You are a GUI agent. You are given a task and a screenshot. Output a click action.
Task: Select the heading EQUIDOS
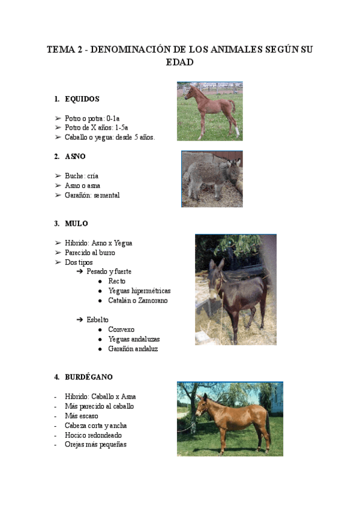(82, 99)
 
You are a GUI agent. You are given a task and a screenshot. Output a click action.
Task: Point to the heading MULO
(76, 223)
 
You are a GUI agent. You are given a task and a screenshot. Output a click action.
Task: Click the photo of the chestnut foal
(209, 111)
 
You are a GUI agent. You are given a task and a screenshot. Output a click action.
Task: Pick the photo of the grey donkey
(212, 179)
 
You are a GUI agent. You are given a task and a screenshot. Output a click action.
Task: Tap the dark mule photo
(235, 289)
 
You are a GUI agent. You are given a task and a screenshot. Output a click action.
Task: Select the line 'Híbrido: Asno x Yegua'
(98, 243)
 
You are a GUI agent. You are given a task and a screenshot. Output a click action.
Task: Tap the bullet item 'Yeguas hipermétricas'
(139, 291)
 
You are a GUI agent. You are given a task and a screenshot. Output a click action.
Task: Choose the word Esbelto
(97, 320)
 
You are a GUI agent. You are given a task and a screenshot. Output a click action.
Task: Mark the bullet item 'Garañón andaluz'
(133, 349)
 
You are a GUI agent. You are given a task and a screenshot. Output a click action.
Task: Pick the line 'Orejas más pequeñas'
(95, 445)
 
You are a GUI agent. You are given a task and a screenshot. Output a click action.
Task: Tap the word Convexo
(121, 330)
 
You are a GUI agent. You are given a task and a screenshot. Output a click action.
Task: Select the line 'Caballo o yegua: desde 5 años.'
(110, 137)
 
